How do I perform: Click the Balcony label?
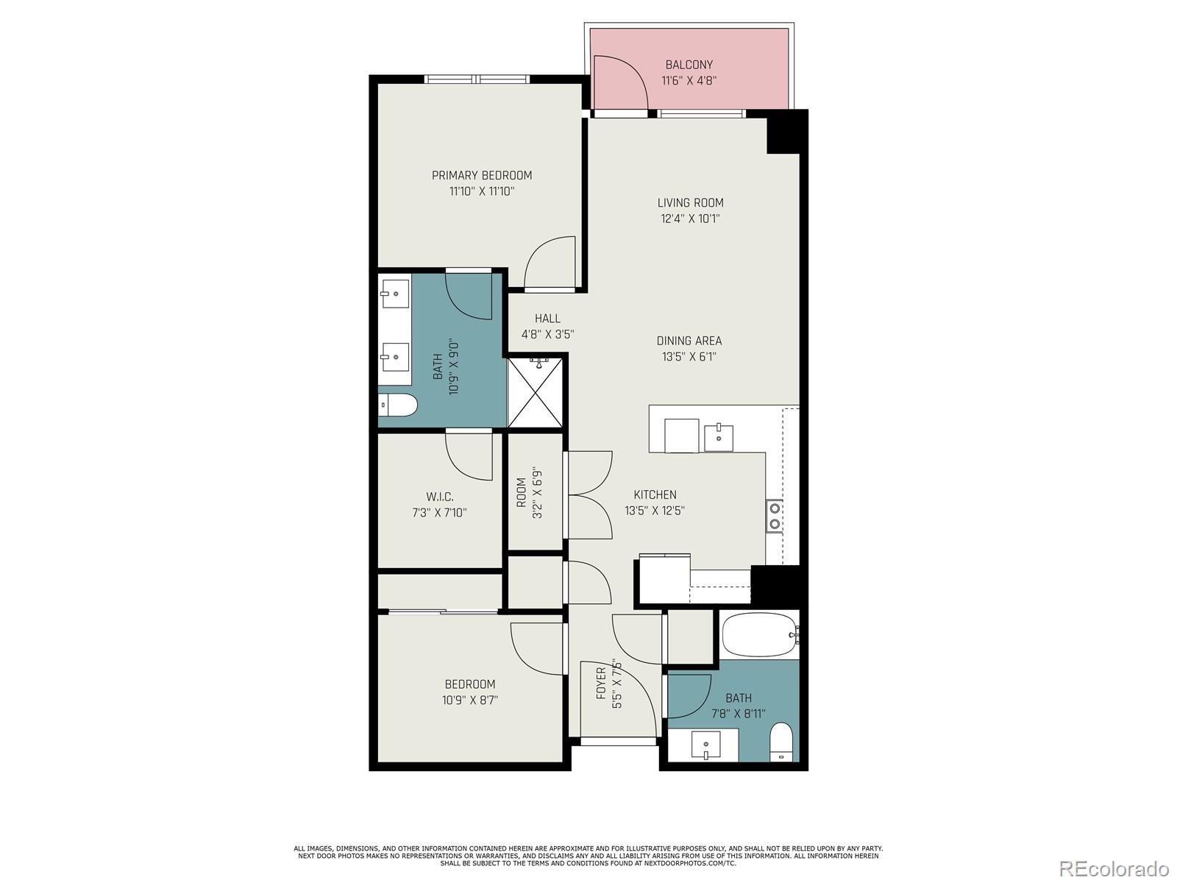[x=689, y=65]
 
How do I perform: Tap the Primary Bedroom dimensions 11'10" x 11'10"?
[x=481, y=191]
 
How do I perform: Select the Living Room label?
[x=690, y=202]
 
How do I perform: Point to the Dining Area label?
[x=689, y=341]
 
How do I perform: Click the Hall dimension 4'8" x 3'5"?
[x=547, y=334]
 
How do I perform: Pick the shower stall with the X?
[x=538, y=392]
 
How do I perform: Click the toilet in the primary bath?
[x=398, y=405]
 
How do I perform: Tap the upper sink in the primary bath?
[x=395, y=293]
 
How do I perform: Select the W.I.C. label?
[x=439, y=497]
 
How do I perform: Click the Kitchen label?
[x=655, y=494]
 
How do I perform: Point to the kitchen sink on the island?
[x=719, y=437]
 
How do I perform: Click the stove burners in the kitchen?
[x=774, y=515]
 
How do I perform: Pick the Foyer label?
[x=601, y=682]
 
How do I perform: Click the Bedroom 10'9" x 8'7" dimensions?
[x=469, y=701]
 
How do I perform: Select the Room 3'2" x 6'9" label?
[x=522, y=493]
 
